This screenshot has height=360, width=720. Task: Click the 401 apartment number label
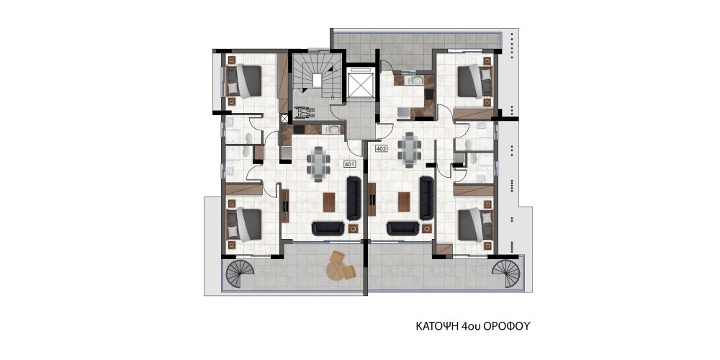pos(349,163)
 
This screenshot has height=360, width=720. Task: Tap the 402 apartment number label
pos(381,148)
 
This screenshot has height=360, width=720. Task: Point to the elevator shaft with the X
pos(361,84)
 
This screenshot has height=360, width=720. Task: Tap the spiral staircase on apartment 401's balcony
pos(240,274)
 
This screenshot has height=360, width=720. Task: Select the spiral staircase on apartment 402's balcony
pos(505,274)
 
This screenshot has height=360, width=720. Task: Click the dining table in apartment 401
pos(318,163)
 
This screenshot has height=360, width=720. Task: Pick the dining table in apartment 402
pos(409,149)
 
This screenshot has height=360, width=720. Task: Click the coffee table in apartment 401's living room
pos(329,202)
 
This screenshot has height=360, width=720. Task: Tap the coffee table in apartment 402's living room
pos(404,202)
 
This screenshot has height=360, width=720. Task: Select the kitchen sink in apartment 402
pos(416,81)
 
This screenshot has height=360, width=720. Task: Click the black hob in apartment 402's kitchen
pos(429,94)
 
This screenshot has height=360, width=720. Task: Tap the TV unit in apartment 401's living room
pos(284,206)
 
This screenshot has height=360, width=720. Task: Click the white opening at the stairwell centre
pos(317,80)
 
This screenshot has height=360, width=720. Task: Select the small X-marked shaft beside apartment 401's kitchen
pos(284,119)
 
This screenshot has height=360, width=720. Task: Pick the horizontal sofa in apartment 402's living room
pos(402,228)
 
